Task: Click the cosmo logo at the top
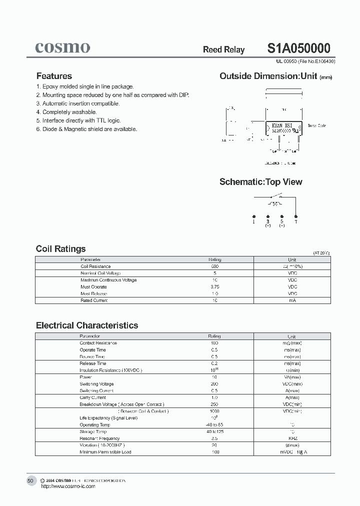click(62, 47)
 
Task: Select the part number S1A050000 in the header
click(298, 48)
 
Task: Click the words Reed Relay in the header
click(223, 49)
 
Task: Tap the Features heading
click(54, 76)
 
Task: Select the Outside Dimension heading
click(268, 76)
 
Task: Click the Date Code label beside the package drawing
click(316, 126)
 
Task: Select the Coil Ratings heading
click(60, 249)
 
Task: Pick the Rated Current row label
click(94, 300)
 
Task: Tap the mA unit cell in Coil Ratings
click(292, 300)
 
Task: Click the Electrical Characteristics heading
click(87, 325)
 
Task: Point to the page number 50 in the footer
click(30, 480)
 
